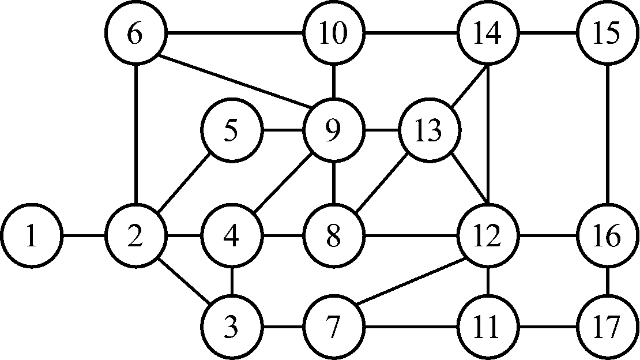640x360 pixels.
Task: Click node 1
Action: click(31, 237)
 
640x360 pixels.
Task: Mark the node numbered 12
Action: click(488, 237)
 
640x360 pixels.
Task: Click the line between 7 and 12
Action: click(412, 283)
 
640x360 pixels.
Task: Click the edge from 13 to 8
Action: click(383, 183)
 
